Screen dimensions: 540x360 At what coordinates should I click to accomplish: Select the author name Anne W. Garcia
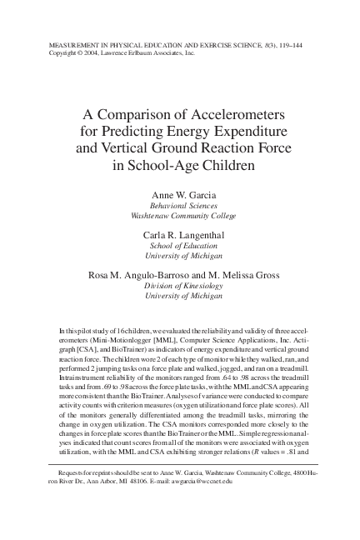pos(180,193)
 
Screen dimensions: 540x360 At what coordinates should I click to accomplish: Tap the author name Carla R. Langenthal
pos(180,235)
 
